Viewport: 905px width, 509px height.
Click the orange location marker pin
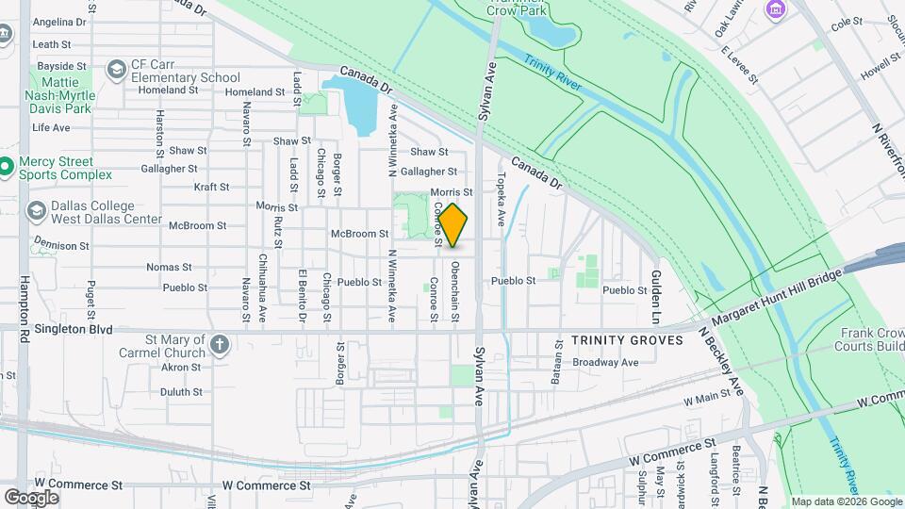coord(453,224)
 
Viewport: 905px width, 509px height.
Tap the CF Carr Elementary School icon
coord(116,69)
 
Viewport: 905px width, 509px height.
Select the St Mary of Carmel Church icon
coord(219,345)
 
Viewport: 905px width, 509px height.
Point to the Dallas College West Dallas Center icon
coord(37,210)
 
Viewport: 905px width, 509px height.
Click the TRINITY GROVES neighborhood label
coord(627,340)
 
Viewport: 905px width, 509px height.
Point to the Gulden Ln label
coord(654,291)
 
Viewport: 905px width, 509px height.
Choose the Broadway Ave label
coord(606,362)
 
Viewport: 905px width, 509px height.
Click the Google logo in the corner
coord(31,497)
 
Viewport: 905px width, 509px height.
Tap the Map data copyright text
coord(846,501)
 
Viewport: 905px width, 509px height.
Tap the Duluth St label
coord(181,391)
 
